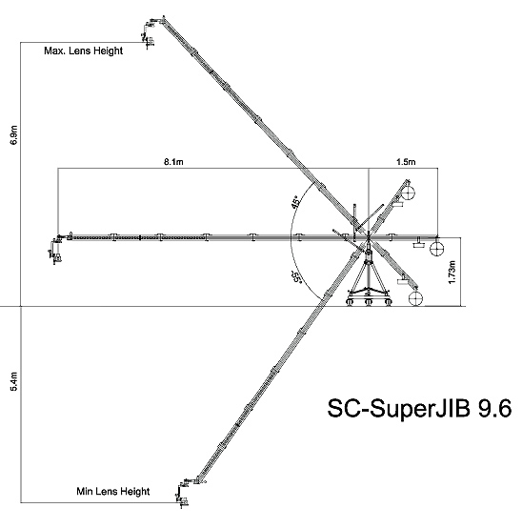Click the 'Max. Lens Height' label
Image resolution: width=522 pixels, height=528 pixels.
83,51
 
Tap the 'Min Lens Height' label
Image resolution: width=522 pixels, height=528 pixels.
112,491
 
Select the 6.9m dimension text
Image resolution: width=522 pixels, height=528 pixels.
13,135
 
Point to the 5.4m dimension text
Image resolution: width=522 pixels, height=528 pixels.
13,381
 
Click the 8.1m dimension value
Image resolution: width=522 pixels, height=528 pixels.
173,162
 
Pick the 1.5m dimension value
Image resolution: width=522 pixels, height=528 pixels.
406,162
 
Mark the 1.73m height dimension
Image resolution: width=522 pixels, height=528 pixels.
452,272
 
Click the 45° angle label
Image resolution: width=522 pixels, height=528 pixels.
296,201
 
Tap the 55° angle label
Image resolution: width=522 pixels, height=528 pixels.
296,277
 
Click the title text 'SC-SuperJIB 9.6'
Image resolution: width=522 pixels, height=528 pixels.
419,409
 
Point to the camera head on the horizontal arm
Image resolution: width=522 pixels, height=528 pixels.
56,250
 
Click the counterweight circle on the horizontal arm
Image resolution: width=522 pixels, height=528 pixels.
436,249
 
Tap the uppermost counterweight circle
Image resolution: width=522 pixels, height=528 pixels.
408,193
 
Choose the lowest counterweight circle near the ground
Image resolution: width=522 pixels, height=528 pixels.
415,298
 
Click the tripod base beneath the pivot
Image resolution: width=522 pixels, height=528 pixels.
369,279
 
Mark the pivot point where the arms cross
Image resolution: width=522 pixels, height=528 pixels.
369,237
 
